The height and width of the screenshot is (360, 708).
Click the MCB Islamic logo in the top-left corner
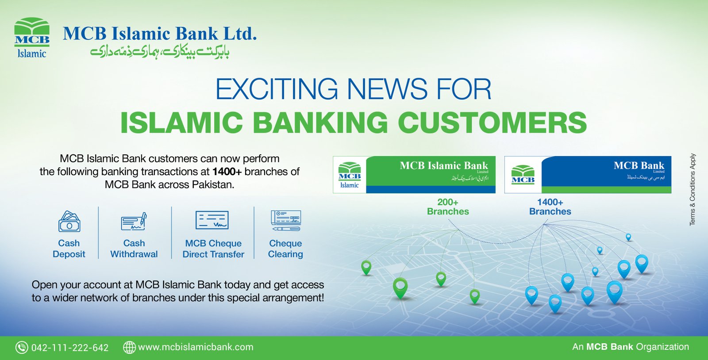[31, 38]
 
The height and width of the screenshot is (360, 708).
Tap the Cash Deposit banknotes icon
[69, 222]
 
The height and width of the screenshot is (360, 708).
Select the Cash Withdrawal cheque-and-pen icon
[134, 222]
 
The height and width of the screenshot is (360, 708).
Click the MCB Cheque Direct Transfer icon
[212, 220]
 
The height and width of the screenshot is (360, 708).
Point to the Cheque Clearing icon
[286, 221]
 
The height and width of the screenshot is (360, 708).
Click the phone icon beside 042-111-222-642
[22, 347]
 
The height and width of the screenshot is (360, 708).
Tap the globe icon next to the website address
[129, 347]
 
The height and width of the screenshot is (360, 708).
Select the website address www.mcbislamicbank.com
[196, 347]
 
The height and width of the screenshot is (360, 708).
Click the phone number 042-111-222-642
[70, 348]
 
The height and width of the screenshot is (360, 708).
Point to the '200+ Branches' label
[448, 207]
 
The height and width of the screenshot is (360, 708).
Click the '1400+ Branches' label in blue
[550, 207]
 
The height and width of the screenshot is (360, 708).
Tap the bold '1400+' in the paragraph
[227, 172]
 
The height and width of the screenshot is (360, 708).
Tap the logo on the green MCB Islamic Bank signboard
[350, 175]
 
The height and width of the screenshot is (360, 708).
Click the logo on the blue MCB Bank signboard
[523, 175]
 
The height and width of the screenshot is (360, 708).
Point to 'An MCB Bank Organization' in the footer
[631, 347]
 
